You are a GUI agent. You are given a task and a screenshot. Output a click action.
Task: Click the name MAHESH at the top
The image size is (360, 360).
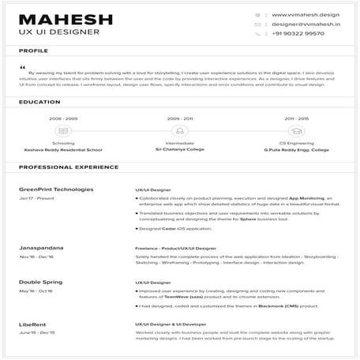66,19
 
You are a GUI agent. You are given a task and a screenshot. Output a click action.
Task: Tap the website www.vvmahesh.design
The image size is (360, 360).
305,14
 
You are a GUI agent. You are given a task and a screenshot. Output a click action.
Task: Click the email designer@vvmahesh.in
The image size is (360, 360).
305,24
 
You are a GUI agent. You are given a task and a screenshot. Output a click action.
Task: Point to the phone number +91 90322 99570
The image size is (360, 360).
298,34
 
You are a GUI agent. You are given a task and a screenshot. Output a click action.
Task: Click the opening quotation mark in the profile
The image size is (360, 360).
22,66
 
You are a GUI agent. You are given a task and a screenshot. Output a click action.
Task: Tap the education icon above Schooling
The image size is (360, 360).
63,131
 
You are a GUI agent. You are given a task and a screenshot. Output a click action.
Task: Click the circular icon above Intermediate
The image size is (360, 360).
179,131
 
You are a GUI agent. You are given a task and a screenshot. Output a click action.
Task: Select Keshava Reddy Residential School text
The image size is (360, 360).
63,148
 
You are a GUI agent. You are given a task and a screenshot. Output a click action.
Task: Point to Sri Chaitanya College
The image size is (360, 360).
179,148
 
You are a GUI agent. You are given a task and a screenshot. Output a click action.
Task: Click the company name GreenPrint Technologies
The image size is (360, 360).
56,189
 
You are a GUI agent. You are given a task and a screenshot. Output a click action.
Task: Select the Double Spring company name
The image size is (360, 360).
42,282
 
